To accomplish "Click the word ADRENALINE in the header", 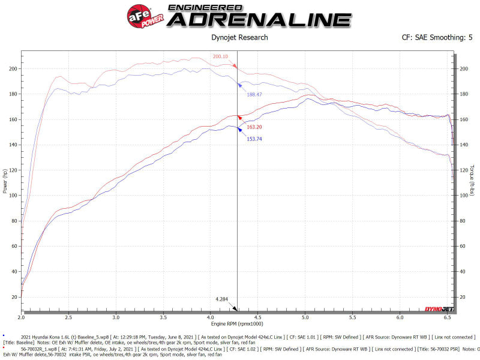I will click(259, 20).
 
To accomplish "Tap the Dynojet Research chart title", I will click(240, 38).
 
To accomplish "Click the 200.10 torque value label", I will click(221, 57).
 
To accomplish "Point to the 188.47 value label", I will click(254, 94).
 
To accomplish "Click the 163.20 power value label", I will click(254, 127).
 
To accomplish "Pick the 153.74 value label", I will click(254, 139).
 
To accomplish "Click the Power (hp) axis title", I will click(5, 181).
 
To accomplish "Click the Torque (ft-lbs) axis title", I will click(473, 181).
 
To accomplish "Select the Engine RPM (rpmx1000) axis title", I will click(238, 325).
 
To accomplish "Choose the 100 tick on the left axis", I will click(14, 196).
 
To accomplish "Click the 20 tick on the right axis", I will click(463, 297).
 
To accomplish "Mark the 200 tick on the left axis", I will click(14, 69).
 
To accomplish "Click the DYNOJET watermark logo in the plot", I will click(439, 309).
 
